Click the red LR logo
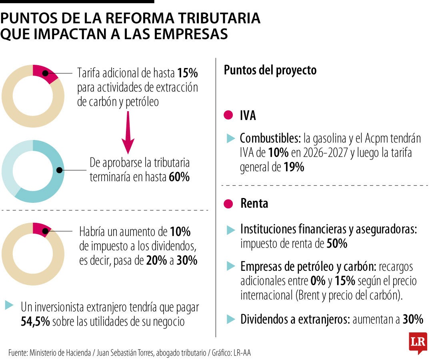point(418,342)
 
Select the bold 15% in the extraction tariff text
point(188,74)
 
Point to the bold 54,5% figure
point(35,322)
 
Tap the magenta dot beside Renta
point(228,203)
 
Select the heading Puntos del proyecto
point(270,70)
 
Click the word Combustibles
point(270,139)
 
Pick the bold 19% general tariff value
point(294,168)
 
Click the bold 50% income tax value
point(337,244)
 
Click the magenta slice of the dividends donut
point(41,229)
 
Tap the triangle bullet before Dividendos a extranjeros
point(231,319)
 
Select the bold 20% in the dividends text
point(156,261)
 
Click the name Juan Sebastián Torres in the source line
point(125,352)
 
